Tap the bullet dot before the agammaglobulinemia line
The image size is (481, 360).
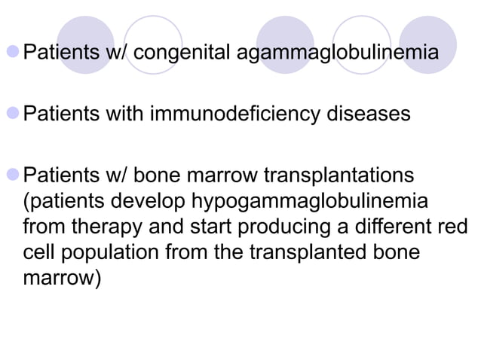coord(14,55)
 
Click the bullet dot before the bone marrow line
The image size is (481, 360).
coord(14,177)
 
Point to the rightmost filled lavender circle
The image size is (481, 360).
coord(427,44)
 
